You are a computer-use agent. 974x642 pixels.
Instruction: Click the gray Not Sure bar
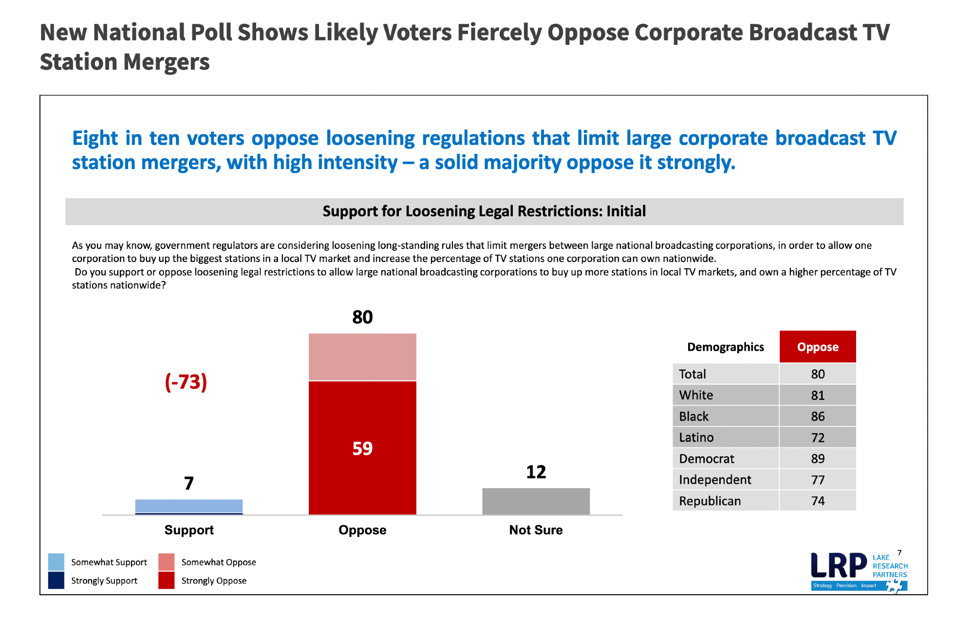click(536, 501)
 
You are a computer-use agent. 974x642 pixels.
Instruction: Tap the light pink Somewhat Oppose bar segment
click(362, 357)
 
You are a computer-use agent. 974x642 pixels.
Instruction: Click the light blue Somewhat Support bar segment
click(189, 506)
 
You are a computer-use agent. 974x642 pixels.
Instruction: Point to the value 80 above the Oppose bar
click(362, 317)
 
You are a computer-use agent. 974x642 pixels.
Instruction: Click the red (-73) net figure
click(186, 381)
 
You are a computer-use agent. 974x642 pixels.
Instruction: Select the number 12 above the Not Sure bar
click(536, 472)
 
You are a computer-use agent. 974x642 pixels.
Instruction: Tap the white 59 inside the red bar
click(362, 448)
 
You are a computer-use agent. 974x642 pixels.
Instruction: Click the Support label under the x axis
click(189, 530)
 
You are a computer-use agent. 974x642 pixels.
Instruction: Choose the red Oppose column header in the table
click(818, 347)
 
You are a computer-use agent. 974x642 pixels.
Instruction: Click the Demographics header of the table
click(725, 347)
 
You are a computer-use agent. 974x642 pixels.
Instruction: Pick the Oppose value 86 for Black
click(818, 416)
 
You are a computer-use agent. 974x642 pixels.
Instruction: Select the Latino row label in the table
click(696, 437)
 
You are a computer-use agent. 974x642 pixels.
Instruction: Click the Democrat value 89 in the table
click(818, 459)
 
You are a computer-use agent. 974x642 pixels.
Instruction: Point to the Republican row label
click(710, 501)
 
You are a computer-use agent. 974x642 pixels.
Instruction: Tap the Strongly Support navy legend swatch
click(56, 580)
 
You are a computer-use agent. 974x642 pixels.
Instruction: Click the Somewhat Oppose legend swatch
click(166, 562)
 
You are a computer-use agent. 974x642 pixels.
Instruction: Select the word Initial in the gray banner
click(626, 211)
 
